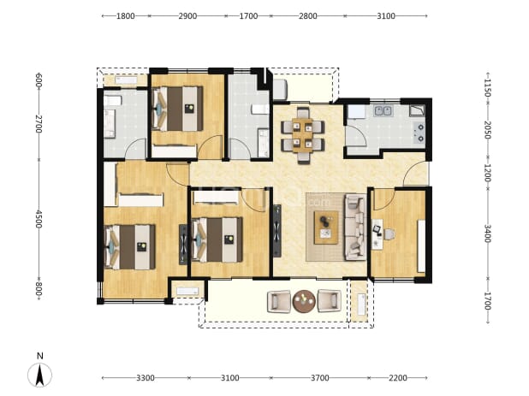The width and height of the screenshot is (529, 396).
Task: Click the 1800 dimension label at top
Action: click(126, 16)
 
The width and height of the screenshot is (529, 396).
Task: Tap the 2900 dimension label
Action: click(187, 16)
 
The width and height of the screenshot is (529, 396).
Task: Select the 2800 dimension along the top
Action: click(307, 16)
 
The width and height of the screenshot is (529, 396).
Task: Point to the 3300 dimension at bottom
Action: click(146, 378)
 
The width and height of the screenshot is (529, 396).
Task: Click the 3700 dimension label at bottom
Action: click(320, 378)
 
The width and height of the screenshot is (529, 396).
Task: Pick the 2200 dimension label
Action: click(398, 378)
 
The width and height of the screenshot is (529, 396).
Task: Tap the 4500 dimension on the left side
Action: click(39, 219)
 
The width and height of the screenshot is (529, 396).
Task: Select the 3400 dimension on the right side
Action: click(487, 233)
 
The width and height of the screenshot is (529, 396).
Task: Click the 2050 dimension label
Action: click(487, 130)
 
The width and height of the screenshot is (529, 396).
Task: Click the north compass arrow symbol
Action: click(40, 375)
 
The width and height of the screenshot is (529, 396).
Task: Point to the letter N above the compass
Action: click(40, 356)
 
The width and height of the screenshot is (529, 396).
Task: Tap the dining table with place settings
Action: click(303, 135)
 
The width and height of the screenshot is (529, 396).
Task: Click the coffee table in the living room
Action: click(326, 228)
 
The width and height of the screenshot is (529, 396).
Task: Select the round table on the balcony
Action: click(304, 301)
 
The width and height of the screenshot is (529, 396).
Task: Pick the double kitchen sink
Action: click(383, 110)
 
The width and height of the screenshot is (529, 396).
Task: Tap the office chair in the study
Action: click(389, 234)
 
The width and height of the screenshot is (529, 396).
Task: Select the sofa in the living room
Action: click(355, 228)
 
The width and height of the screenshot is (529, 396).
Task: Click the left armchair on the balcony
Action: click(279, 301)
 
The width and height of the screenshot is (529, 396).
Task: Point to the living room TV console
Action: click(277, 231)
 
